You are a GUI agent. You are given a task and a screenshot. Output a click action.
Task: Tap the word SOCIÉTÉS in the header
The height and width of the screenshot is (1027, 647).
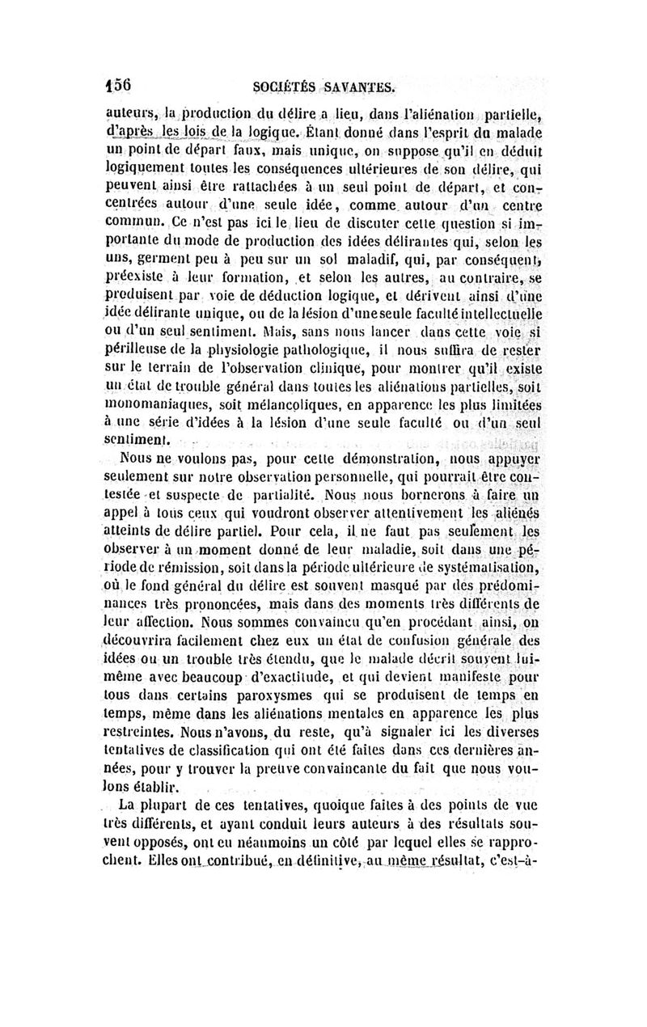[284, 85]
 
